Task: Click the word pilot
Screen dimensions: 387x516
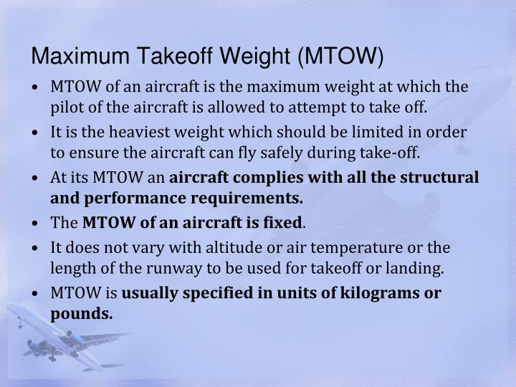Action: pos(66,108)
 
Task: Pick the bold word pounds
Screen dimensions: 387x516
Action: pos(82,313)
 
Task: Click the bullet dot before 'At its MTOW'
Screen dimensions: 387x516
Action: pos(36,178)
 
